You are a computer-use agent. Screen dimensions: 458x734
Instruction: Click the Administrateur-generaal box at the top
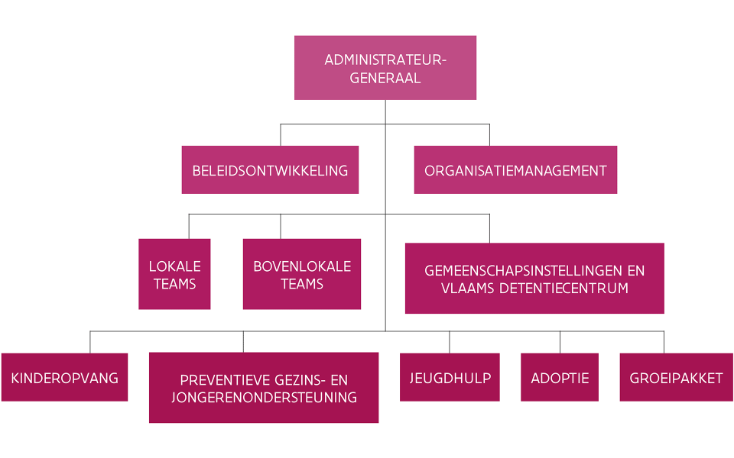tap(385, 68)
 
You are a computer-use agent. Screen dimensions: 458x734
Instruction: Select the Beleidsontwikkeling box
tap(270, 169)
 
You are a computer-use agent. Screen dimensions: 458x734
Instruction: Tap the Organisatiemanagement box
tap(515, 169)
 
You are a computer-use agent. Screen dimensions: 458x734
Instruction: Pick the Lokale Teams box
tap(174, 274)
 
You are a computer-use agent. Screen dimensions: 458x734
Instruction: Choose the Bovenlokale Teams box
tap(302, 274)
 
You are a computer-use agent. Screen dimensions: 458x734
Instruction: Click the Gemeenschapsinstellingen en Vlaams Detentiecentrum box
tap(534, 279)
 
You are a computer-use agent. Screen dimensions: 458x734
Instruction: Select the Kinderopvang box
tap(64, 377)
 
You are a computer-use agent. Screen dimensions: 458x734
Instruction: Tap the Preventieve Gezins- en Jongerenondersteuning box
tap(264, 387)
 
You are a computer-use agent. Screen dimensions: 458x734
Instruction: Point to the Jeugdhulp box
tap(450, 377)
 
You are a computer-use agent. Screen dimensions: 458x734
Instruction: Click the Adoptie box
tap(560, 377)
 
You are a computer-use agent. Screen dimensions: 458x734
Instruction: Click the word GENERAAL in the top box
tap(385, 77)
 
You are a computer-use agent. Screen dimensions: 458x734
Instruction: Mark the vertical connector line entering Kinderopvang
tap(90, 342)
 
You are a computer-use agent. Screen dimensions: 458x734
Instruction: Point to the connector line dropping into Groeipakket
tap(664, 342)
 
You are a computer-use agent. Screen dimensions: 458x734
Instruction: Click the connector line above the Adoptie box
tap(560, 342)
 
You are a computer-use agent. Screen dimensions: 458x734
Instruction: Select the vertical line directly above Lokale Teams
tap(189, 227)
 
